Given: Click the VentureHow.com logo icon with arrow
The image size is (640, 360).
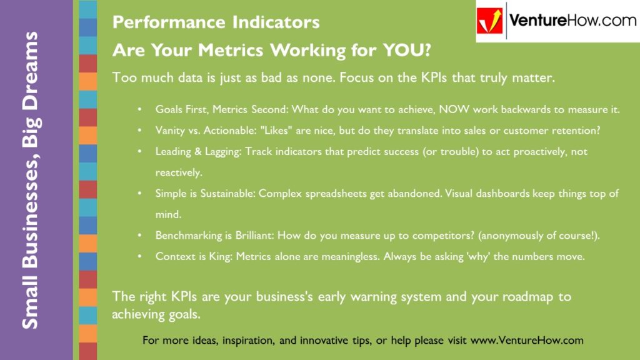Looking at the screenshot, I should pyautogui.click(x=491, y=21).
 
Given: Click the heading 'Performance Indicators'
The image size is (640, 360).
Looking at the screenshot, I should pyautogui.click(x=216, y=22).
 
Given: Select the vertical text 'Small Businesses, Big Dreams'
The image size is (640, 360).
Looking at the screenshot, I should pyautogui.click(x=30, y=180).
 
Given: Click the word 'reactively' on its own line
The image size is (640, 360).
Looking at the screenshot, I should pyautogui.click(x=179, y=172).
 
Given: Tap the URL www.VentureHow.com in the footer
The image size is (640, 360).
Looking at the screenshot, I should pyautogui.click(x=527, y=341).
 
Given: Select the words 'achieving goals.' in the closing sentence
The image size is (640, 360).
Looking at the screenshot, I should pyautogui.click(x=156, y=314).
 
